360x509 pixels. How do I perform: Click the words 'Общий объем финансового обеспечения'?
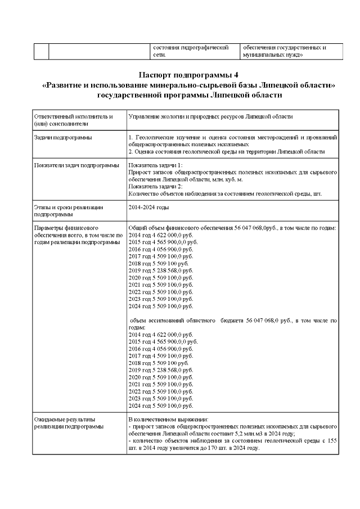181,228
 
